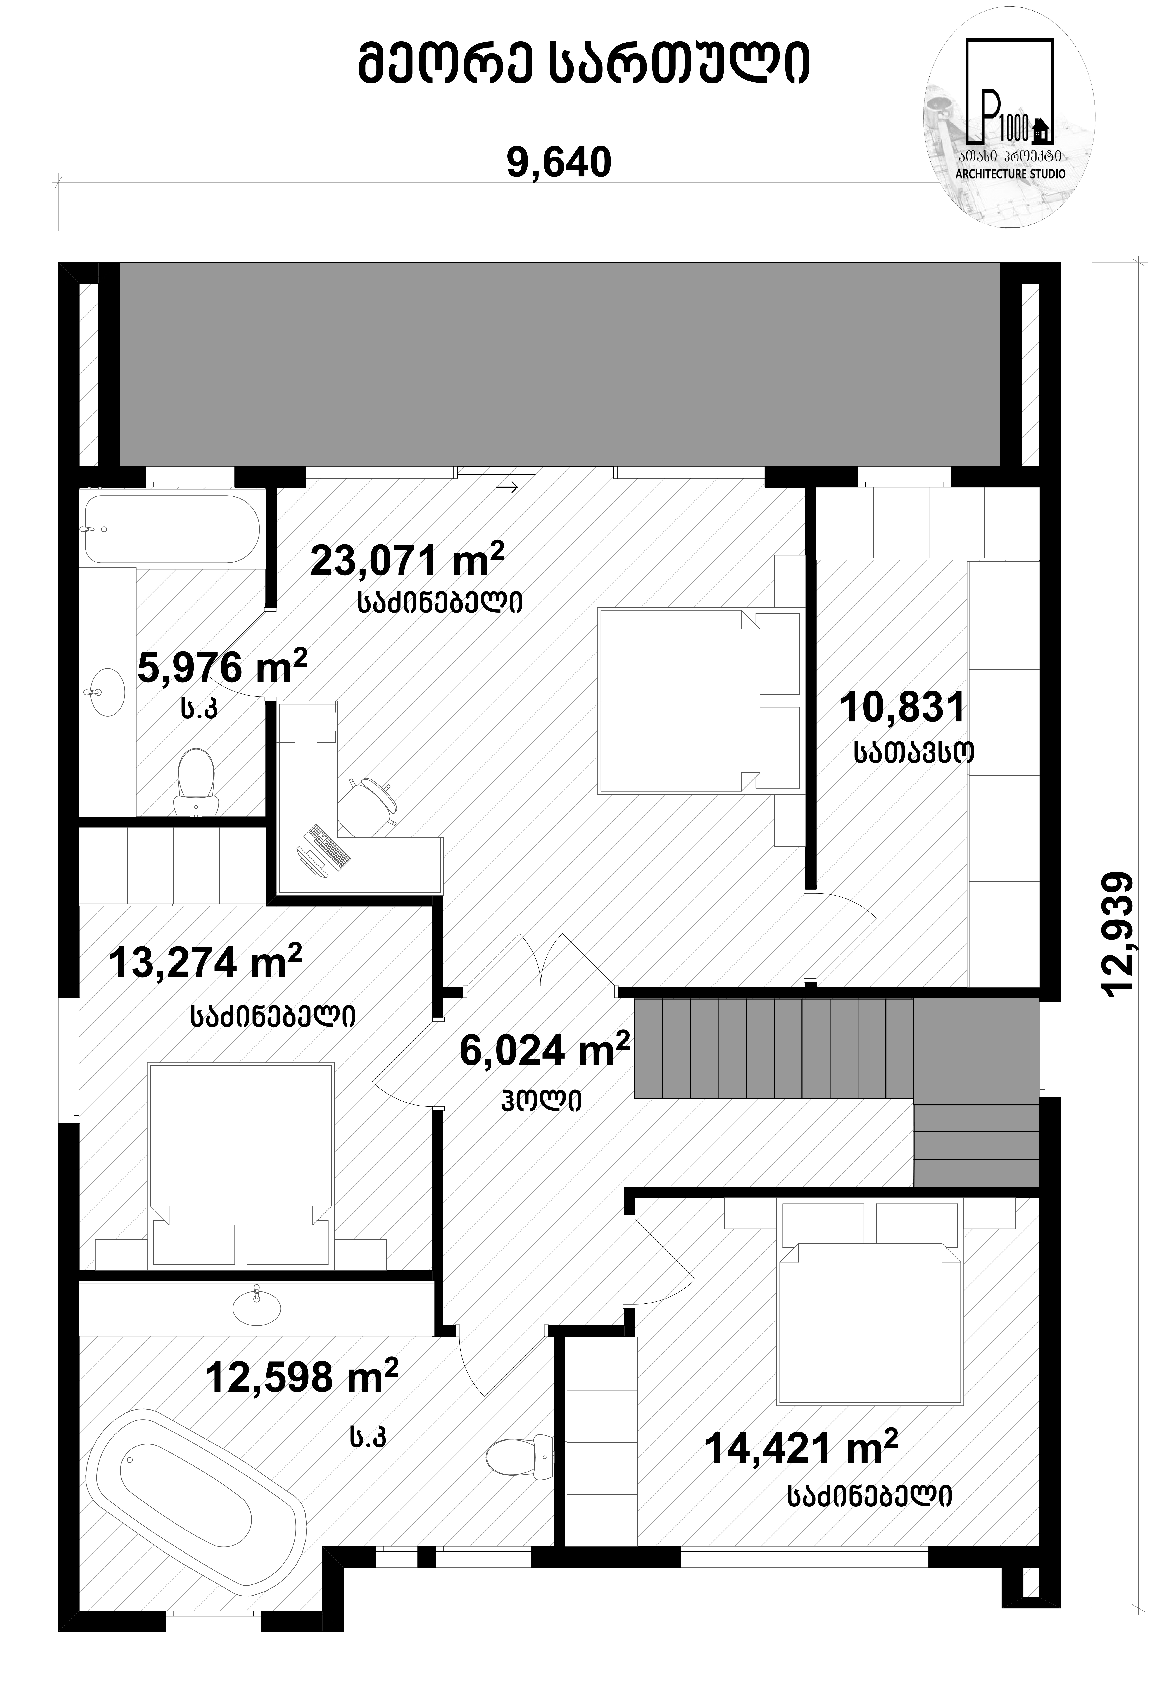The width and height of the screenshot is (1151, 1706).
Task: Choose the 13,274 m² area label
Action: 206,962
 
